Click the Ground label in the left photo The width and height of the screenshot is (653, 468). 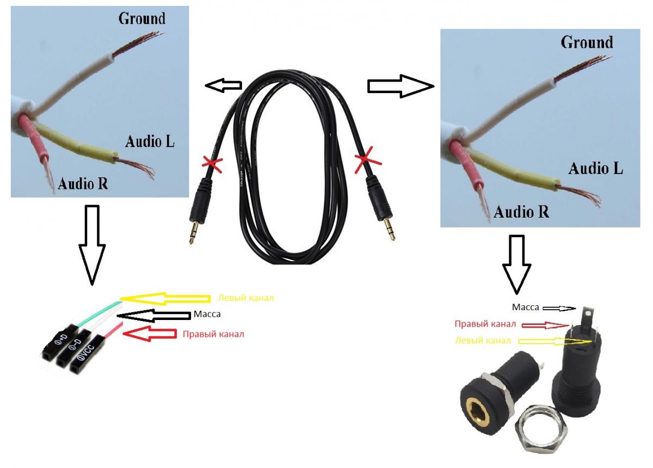click(x=141, y=19)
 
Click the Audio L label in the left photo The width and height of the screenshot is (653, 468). click(x=150, y=142)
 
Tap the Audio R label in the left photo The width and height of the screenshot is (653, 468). click(x=83, y=183)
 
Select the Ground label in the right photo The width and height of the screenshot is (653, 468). click(x=587, y=42)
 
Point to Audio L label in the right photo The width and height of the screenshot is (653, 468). click(x=596, y=168)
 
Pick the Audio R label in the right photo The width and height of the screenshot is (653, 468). click(x=521, y=212)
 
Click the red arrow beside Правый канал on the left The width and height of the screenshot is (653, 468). click(x=150, y=334)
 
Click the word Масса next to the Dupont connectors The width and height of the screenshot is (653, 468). click(x=207, y=315)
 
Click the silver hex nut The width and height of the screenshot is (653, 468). click(x=538, y=430)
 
